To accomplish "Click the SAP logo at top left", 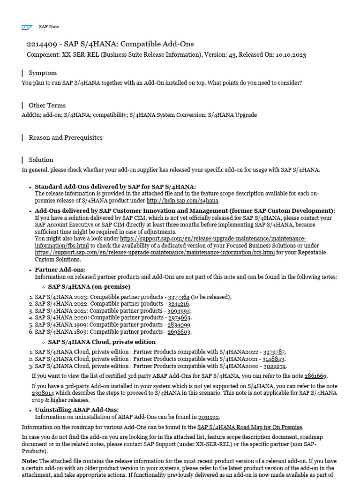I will tap(27, 27).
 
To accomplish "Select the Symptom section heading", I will tap(43, 73).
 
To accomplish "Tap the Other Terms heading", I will tap(47, 105).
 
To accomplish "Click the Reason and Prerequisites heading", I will tap(66, 137).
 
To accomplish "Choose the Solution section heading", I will tap(41, 159).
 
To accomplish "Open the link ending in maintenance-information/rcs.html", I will tap(155, 252).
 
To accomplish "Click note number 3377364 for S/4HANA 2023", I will tap(179, 297).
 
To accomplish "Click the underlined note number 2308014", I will tap(43, 393).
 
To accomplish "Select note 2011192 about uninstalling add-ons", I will tap(209, 417).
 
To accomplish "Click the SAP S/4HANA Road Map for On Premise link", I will tap(250, 427).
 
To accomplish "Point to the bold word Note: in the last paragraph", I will tap(30, 461).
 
